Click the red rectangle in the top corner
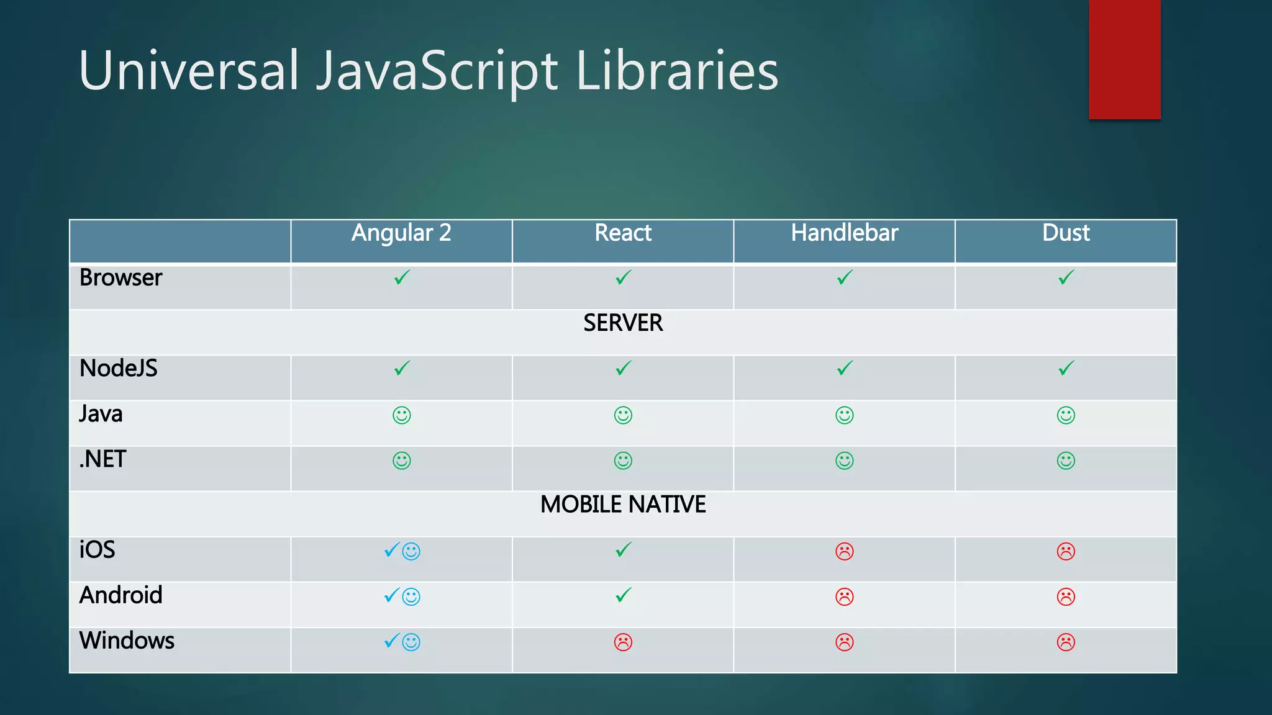click(x=1124, y=59)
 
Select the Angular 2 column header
click(x=401, y=233)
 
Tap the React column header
click(x=623, y=233)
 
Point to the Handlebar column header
click(x=844, y=233)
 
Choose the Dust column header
click(x=1066, y=233)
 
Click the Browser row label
click(x=120, y=278)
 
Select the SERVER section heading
click(x=623, y=323)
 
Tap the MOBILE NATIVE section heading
click(x=623, y=505)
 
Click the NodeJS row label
click(x=119, y=369)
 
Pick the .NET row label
click(x=102, y=459)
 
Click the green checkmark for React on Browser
click(x=623, y=277)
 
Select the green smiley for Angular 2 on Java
click(x=402, y=415)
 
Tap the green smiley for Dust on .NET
click(x=1066, y=461)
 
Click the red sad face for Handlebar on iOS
click(x=845, y=551)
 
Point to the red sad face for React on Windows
click(x=623, y=642)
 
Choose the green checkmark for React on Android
click(x=623, y=595)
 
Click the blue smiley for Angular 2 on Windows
click(x=411, y=642)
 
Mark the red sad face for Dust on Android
click(x=1066, y=596)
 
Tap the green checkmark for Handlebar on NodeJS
click(x=845, y=368)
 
